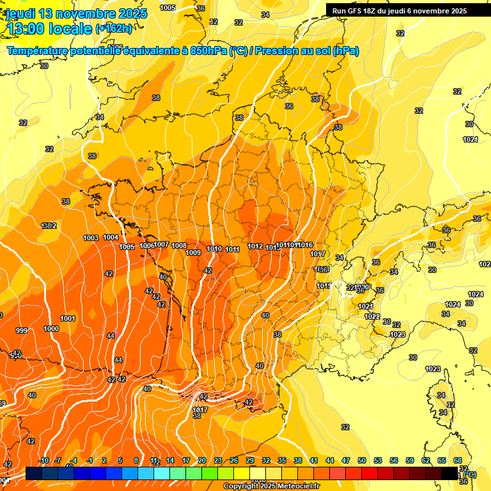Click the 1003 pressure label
click(x=91, y=238)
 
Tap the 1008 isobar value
click(x=179, y=245)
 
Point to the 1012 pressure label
click(x=255, y=246)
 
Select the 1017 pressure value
click(x=318, y=254)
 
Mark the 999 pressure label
click(x=22, y=331)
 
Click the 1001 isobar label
click(x=68, y=318)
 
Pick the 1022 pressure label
click(x=372, y=316)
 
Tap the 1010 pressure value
click(x=215, y=249)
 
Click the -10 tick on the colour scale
click(x=43, y=460)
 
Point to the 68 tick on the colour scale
click(x=458, y=460)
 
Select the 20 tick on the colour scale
click(x=202, y=460)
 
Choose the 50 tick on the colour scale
click(x=362, y=460)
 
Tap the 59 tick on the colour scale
click(x=410, y=460)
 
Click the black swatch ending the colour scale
click(x=449, y=472)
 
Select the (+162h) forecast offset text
click(x=114, y=29)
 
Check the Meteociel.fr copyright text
click(x=272, y=487)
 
